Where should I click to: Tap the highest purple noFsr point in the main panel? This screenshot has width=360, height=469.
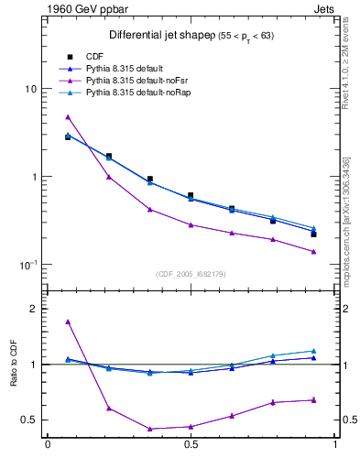pyautogui.click(x=68, y=116)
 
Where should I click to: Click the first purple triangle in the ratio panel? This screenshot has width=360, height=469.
pyautogui.click(x=68, y=322)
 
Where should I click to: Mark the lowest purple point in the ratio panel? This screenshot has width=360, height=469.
pyautogui.click(x=149, y=429)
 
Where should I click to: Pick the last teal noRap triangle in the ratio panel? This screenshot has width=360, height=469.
pyautogui.click(x=313, y=351)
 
